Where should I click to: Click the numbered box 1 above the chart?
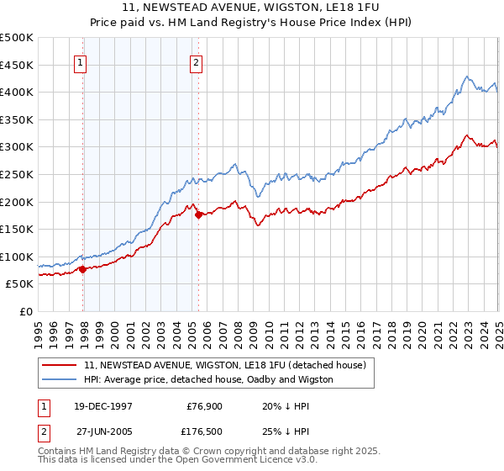pyautogui.click(x=81, y=61)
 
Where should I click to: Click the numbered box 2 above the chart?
pyautogui.click(x=196, y=61)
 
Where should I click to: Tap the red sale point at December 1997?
pyautogui.click(x=83, y=269)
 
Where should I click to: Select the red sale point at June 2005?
pyautogui.click(x=198, y=214)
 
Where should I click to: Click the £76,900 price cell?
pyautogui.click(x=202, y=406)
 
